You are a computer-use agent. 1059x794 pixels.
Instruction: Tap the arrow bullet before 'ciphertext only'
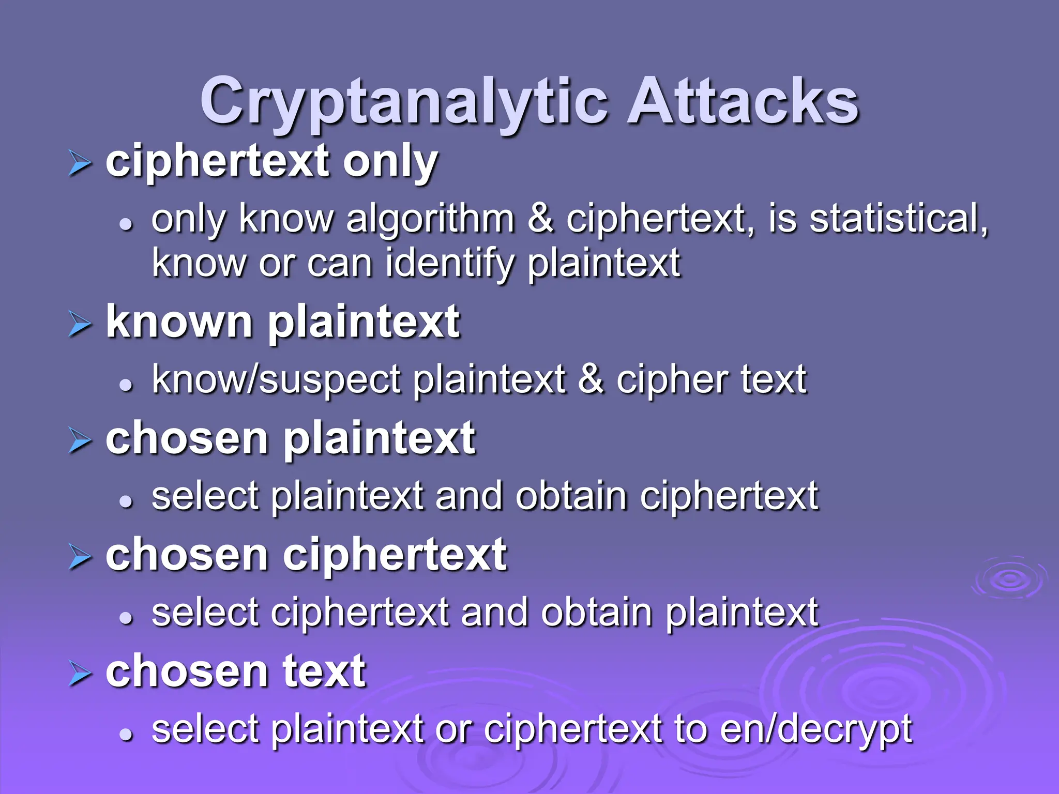pyautogui.click(x=80, y=165)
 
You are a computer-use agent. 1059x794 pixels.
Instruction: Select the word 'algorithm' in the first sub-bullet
pyautogui.click(x=430, y=220)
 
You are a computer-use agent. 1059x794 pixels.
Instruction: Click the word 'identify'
pyautogui.click(x=449, y=264)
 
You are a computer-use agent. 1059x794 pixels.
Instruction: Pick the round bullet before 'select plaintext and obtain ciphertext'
pyautogui.click(x=126, y=500)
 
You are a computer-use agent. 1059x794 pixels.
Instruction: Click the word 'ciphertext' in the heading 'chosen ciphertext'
pyautogui.click(x=395, y=555)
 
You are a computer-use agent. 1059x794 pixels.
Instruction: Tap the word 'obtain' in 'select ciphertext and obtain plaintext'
pyautogui.click(x=596, y=613)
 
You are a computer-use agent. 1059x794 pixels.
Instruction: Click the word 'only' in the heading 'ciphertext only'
pyautogui.click(x=390, y=162)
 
